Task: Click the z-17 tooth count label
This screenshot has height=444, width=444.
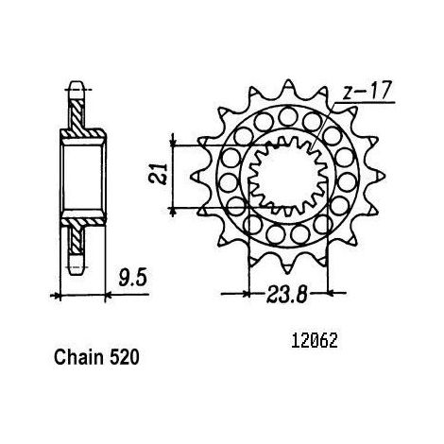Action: (x=367, y=91)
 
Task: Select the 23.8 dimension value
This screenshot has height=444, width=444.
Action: (x=286, y=295)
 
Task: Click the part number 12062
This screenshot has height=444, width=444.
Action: (x=315, y=341)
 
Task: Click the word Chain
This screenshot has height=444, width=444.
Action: (x=78, y=357)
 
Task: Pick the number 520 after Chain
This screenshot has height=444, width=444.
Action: (x=125, y=358)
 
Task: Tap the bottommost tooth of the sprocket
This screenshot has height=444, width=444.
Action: (x=287, y=266)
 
